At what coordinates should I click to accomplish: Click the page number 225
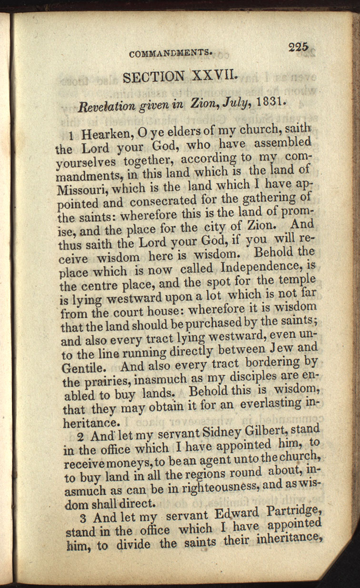(x=298, y=47)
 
